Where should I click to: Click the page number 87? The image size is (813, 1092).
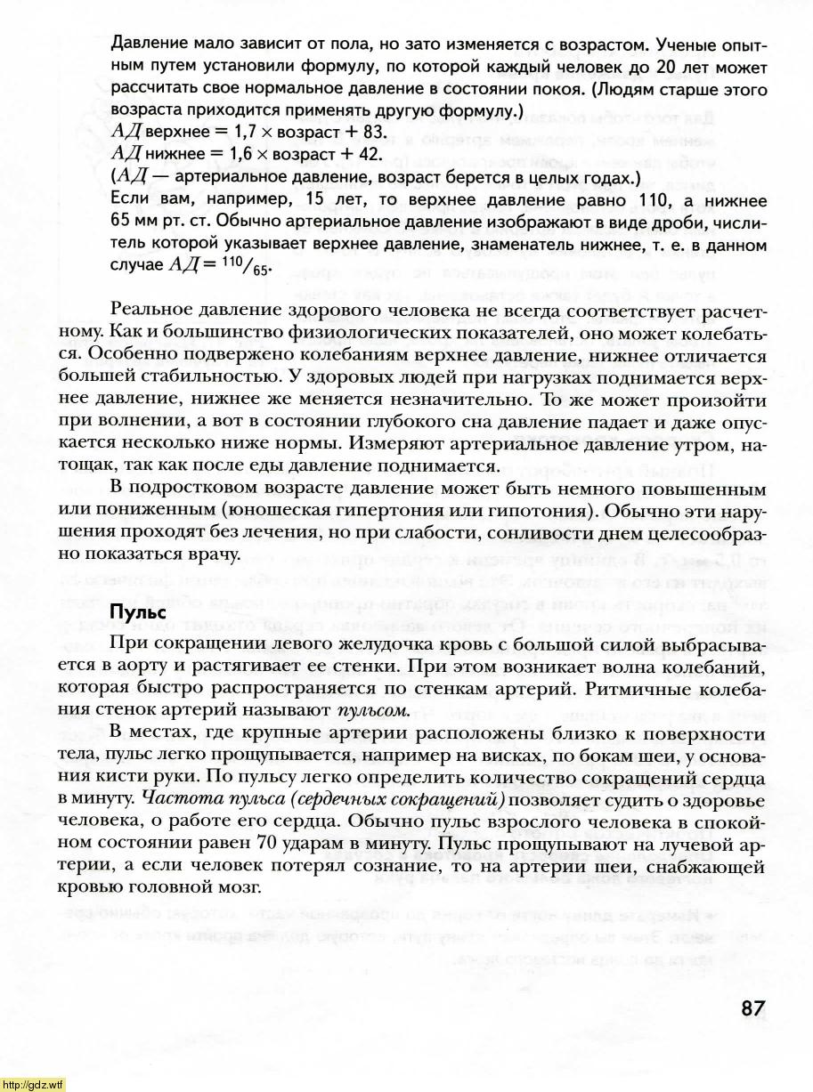tap(752, 1009)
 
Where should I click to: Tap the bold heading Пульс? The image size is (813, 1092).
tap(136, 613)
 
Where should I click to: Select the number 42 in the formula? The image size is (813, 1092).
tap(370, 154)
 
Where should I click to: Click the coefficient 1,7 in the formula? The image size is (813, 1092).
tap(222, 132)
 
